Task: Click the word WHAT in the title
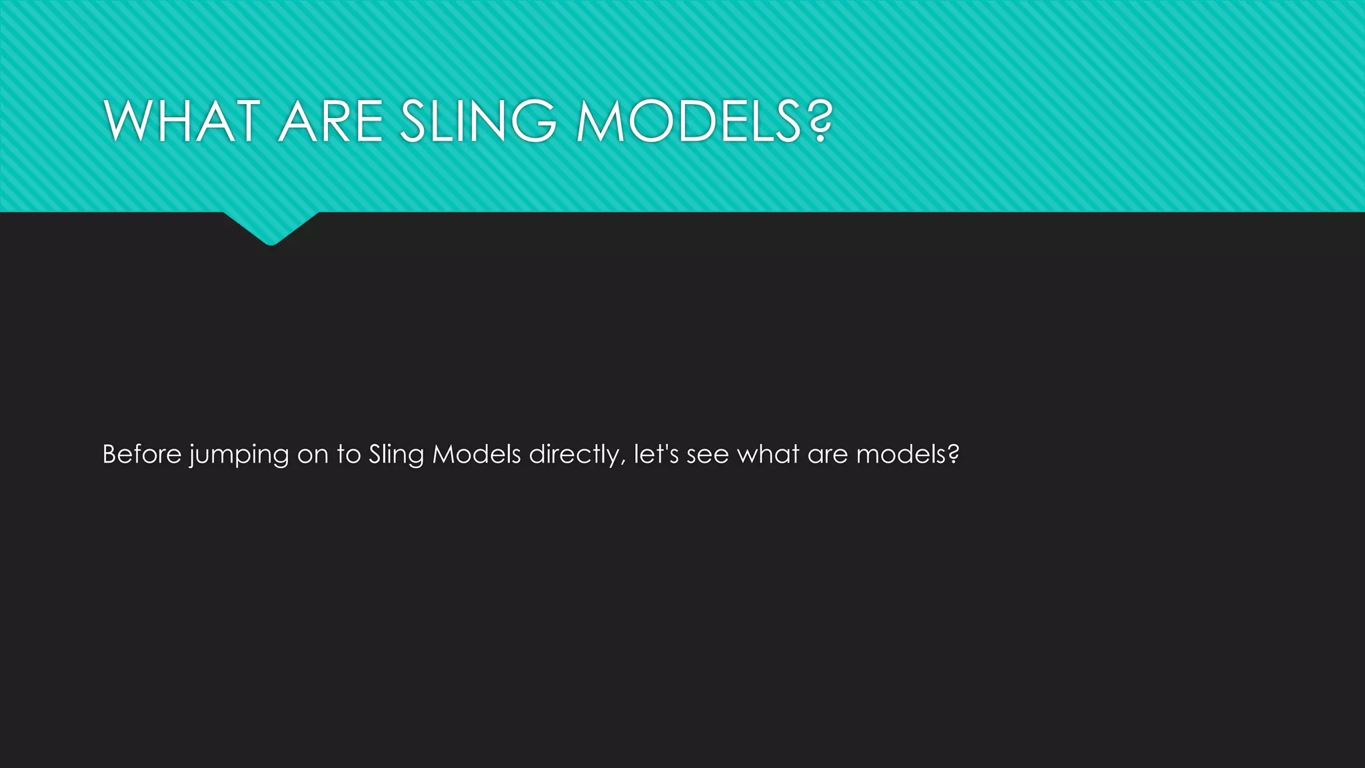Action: coord(181,121)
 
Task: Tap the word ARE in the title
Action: coord(330,121)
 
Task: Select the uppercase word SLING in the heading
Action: coord(478,121)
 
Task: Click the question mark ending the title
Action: coord(818,121)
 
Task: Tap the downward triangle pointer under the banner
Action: coord(271,227)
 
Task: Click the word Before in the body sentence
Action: coord(142,455)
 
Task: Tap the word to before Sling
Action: coord(349,455)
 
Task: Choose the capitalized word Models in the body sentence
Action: coord(477,455)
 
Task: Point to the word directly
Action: coord(575,455)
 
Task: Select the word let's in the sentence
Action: coord(657,455)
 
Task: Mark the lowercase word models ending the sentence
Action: coord(900,455)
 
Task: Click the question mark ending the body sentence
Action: coord(953,455)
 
